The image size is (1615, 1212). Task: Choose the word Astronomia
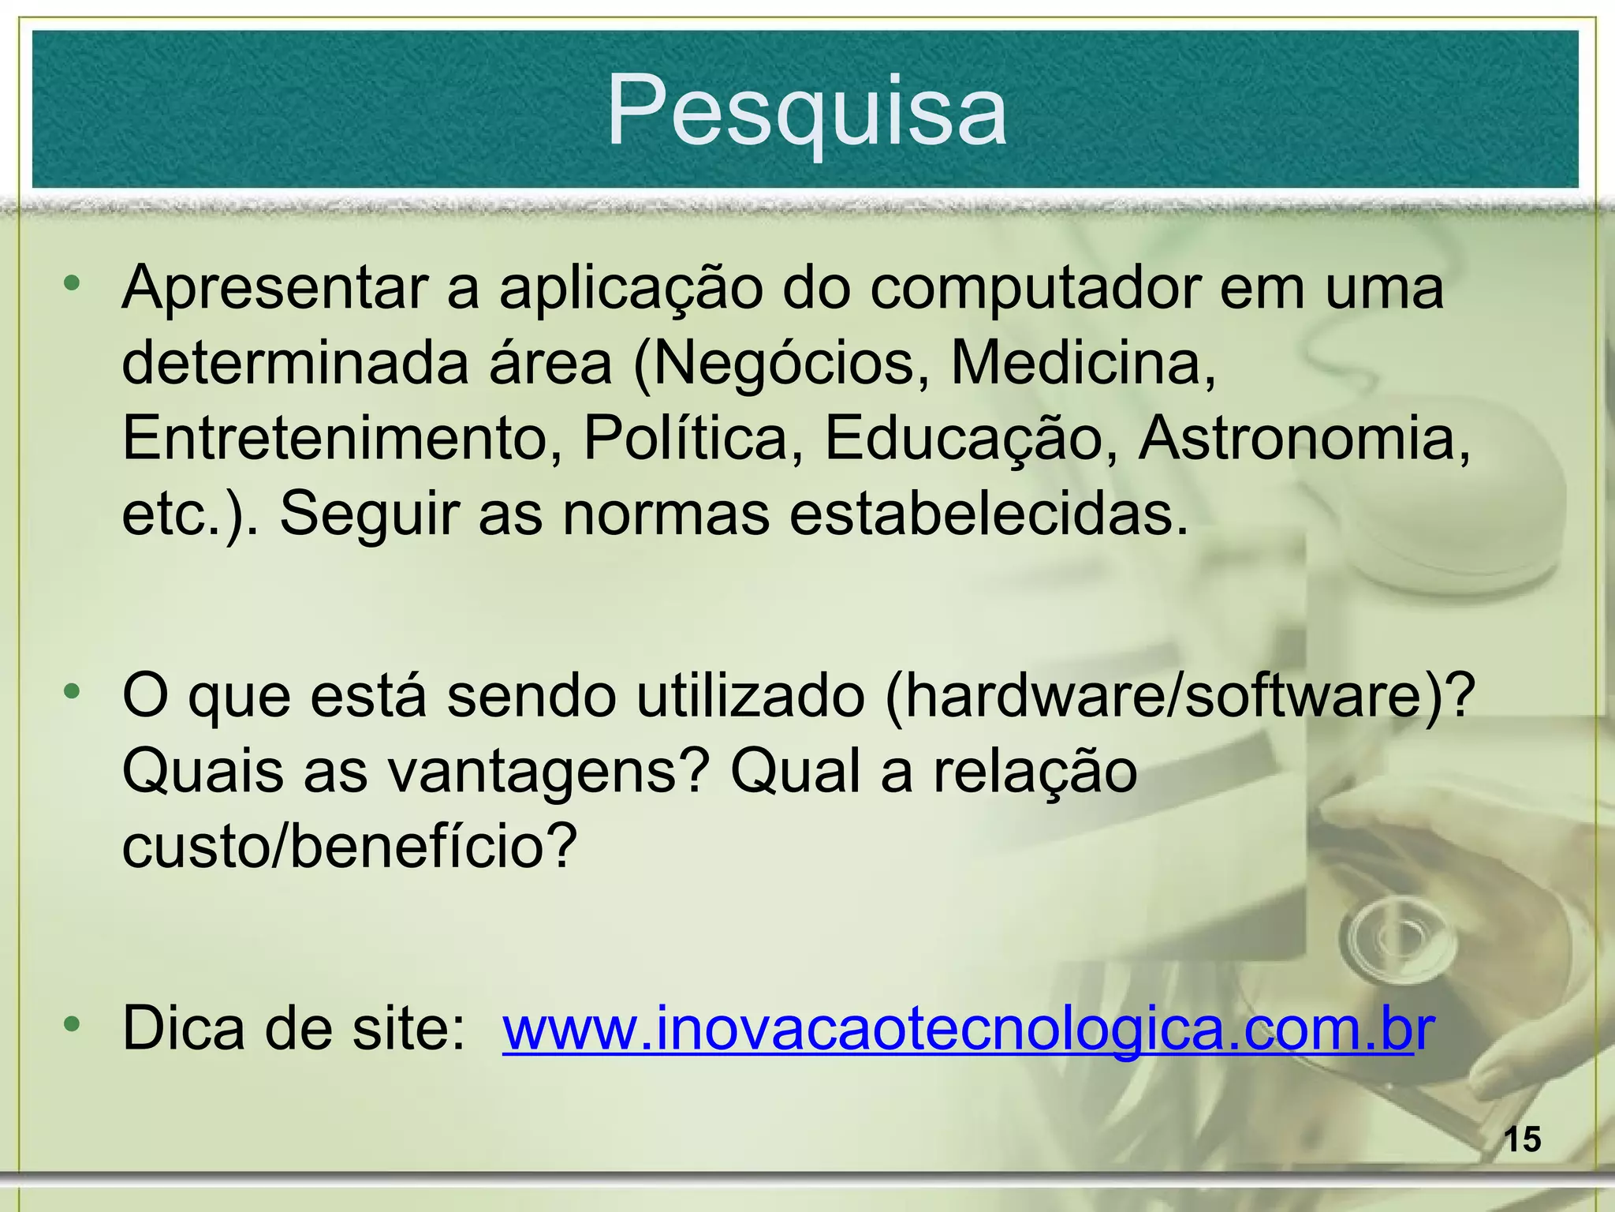coord(1304,439)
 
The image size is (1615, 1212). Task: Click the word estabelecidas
coord(989,514)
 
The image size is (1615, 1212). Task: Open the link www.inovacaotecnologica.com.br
coord(967,1029)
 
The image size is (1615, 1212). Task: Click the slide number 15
coord(1522,1141)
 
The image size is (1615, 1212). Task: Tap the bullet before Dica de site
coord(73,1024)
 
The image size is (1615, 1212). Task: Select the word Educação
coord(962,439)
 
